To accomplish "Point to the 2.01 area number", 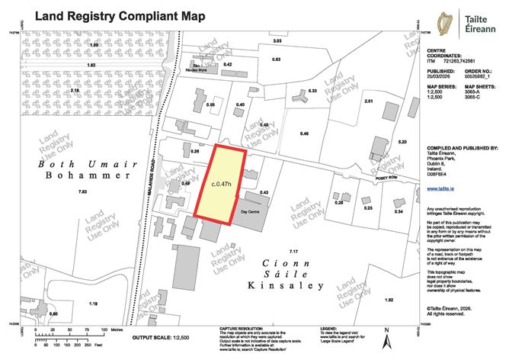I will click(x=369, y=101).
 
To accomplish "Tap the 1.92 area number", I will click(x=389, y=301).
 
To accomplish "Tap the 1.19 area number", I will click(x=93, y=304).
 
